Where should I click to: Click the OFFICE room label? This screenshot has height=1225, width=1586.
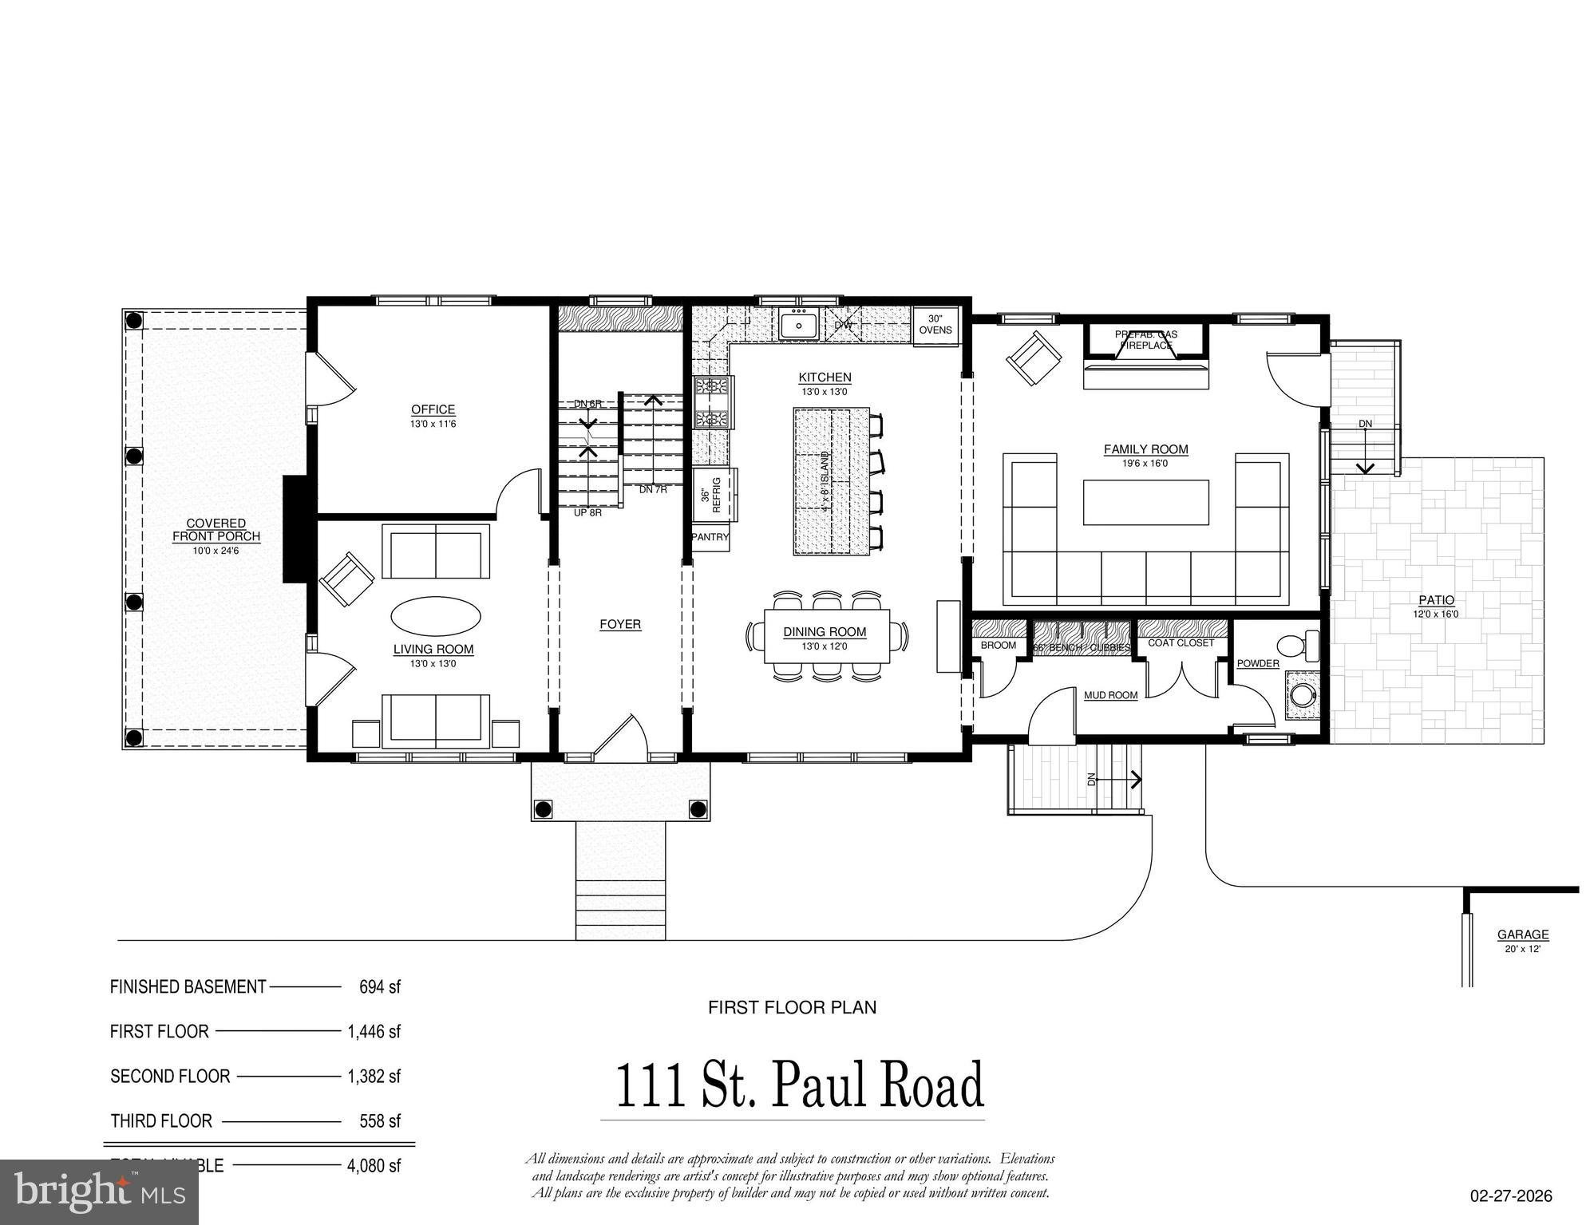[433, 409]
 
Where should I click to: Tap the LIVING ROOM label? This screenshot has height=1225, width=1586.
[433, 649]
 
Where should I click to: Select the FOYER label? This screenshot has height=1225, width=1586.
[620, 624]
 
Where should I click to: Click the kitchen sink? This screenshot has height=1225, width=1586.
[797, 326]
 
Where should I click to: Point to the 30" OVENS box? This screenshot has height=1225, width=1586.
[935, 326]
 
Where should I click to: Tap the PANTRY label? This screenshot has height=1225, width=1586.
[710, 537]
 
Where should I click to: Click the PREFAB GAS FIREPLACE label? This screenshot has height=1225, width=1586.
[1145, 340]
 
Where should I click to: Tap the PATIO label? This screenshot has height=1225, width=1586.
[1436, 600]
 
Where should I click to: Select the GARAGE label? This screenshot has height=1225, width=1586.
[1523, 934]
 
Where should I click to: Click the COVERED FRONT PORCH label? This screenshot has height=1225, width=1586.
[216, 530]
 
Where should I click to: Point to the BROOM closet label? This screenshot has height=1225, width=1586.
[998, 645]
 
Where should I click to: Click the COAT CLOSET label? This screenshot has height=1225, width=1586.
[1181, 642]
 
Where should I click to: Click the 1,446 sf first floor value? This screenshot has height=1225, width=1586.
[374, 1031]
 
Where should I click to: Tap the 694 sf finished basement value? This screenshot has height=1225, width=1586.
[379, 986]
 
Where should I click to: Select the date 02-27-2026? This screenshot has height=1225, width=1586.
[1511, 1195]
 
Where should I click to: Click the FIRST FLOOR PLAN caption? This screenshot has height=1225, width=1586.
[792, 1007]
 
